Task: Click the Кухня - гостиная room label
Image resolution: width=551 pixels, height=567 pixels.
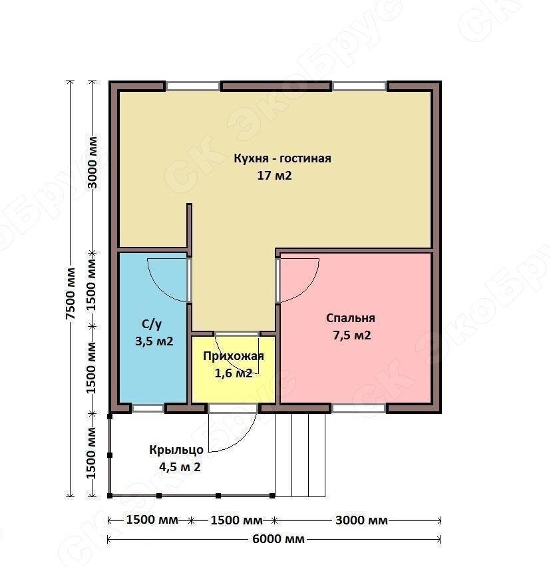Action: click(282, 158)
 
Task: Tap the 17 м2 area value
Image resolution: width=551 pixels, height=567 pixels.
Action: click(274, 176)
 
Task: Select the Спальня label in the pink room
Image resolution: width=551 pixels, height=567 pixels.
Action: click(350, 318)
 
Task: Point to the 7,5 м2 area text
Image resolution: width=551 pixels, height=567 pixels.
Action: click(352, 335)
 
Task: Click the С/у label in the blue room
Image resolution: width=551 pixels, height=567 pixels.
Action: click(152, 324)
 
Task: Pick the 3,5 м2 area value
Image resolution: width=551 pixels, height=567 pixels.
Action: click(154, 341)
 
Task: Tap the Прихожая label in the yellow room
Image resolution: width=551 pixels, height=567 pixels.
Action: click(233, 356)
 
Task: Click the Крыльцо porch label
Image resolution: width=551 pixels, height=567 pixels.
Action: click(176, 450)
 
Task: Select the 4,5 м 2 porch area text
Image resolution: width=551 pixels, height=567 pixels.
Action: click(180, 467)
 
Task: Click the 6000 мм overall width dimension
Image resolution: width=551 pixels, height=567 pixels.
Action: click(278, 539)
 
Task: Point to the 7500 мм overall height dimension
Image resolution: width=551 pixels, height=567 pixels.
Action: click(71, 293)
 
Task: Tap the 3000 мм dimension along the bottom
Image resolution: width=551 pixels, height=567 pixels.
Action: click(361, 520)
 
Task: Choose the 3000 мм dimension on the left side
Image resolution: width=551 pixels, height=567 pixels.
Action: click(92, 162)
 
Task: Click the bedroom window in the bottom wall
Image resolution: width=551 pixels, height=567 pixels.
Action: click(359, 409)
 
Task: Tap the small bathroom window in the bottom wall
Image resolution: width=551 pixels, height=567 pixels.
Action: click(148, 409)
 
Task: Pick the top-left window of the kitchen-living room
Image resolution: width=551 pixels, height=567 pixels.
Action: click(193, 86)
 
